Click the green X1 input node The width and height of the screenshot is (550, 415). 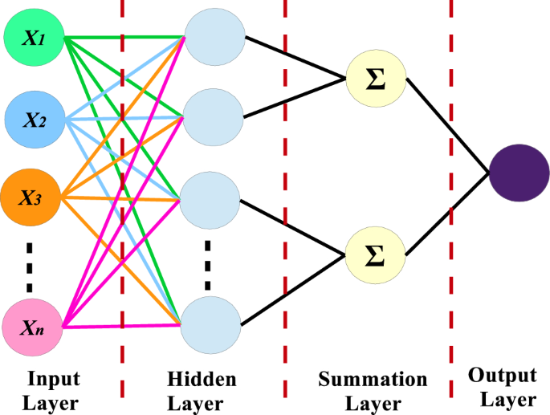(x=34, y=38)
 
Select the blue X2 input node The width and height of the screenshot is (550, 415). (x=34, y=120)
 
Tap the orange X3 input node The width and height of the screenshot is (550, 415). (x=32, y=197)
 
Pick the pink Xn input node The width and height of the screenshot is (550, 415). (x=32, y=327)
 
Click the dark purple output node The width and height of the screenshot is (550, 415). (x=519, y=173)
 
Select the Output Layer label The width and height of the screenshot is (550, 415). (x=503, y=387)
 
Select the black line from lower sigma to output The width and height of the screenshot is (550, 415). (x=448, y=214)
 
